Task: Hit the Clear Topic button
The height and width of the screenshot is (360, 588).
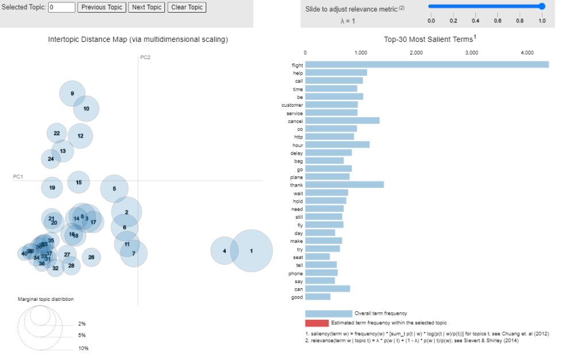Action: click(x=187, y=7)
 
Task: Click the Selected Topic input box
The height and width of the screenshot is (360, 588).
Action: click(x=62, y=7)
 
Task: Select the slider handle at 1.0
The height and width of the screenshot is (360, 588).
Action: click(x=541, y=6)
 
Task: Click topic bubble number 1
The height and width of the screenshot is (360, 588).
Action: click(x=251, y=251)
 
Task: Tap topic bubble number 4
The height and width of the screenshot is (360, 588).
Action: click(x=225, y=251)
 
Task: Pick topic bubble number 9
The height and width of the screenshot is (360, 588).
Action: click(x=72, y=94)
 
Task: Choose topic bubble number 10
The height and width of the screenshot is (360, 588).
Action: click(x=86, y=109)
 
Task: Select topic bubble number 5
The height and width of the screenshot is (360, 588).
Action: click(x=114, y=188)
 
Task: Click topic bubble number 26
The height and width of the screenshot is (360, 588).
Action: click(x=91, y=257)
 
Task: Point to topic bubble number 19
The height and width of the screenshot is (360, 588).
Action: click(x=52, y=188)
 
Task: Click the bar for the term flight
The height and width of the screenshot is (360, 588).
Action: click(x=427, y=64)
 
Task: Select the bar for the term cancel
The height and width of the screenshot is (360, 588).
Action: click(x=342, y=121)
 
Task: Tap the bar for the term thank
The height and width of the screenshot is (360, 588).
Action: click(x=344, y=185)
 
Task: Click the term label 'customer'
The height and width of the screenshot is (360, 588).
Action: click(x=292, y=105)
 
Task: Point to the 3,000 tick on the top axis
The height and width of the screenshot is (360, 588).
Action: click(x=471, y=52)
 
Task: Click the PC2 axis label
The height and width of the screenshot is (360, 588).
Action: click(x=145, y=57)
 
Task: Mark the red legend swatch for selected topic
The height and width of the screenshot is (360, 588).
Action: click(x=317, y=323)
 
